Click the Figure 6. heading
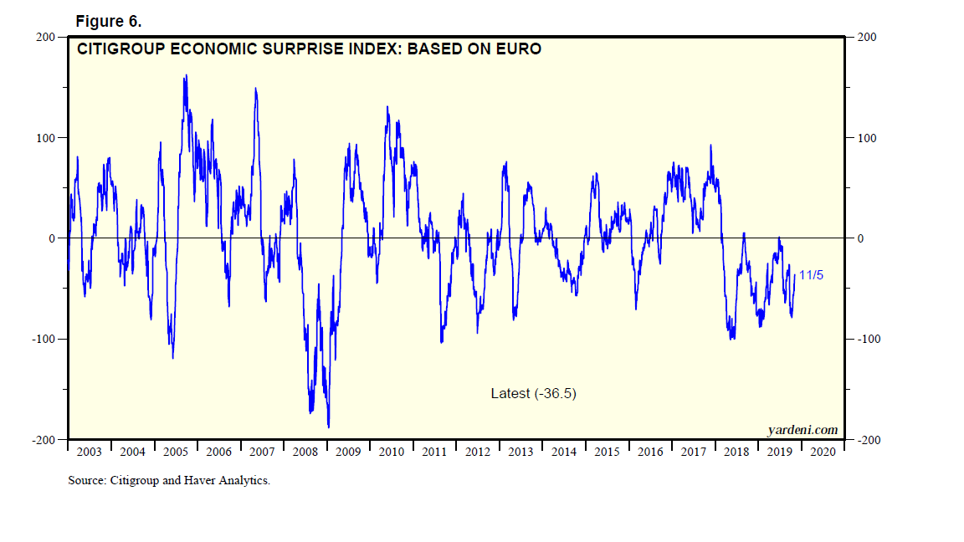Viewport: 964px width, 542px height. pyautogui.click(x=108, y=20)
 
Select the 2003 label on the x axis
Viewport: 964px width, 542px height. pyautogui.click(x=89, y=453)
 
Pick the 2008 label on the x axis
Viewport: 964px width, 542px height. pyautogui.click(x=305, y=453)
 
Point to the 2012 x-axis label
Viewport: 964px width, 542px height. pyautogui.click(x=478, y=453)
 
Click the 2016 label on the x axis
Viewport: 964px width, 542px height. pyautogui.click(x=650, y=453)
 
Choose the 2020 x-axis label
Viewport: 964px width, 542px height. pyautogui.click(x=823, y=453)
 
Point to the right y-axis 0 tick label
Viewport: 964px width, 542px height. pyautogui.click(x=859, y=238)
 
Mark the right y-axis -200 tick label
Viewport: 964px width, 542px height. pyautogui.click(x=868, y=441)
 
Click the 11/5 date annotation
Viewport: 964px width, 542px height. pyautogui.click(x=811, y=274)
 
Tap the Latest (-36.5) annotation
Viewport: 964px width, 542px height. pyautogui.click(x=533, y=393)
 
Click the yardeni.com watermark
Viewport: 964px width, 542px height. pyautogui.click(x=802, y=430)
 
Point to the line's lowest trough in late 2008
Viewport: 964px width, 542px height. pyautogui.click(x=329, y=427)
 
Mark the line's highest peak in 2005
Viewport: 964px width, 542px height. pyautogui.click(x=185, y=75)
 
